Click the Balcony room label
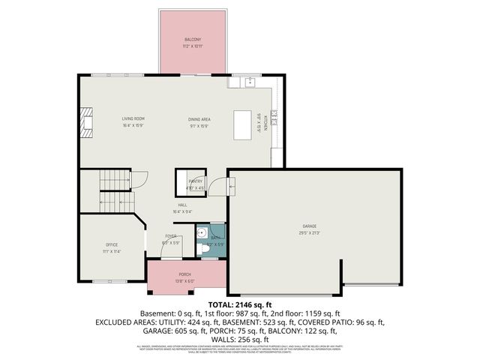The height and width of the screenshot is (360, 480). (193, 39)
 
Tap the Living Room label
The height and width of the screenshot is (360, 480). (133, 118)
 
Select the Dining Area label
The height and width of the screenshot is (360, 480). (199, 119)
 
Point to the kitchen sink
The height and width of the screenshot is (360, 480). (251, 81)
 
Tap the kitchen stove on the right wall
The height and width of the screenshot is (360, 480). (274, 116)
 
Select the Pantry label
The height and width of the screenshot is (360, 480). (196, 181)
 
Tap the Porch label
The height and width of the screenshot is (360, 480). (184, 274)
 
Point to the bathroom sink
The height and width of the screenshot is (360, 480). (202, 232)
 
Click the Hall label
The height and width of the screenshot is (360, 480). (182, 205)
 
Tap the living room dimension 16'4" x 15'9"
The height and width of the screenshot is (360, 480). (133, 125)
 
